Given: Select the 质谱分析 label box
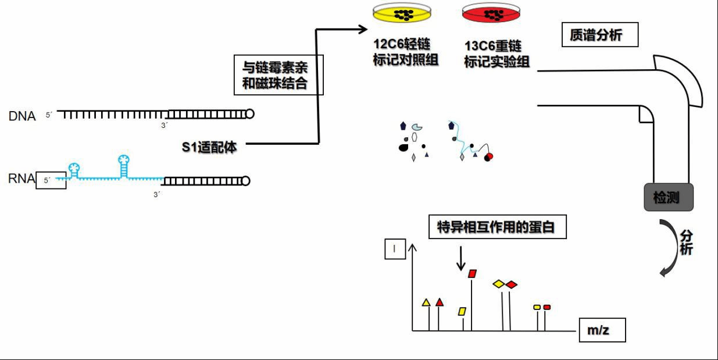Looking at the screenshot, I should [x=600, y=35].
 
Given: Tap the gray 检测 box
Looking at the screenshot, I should [x=669, y=197].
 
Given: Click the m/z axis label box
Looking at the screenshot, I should [x=602, y=331].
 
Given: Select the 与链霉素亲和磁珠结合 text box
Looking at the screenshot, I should [x=278, y=75].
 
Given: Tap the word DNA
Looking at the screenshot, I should [x=22, y=116].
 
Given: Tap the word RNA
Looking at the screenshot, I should [x=22, y=179].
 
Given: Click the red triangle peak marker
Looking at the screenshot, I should [x=440, y=302].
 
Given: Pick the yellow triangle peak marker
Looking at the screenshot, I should [x=426, y=302].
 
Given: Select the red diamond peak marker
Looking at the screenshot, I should [x=511, y=284].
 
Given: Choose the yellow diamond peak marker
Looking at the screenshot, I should [x=498, y=284].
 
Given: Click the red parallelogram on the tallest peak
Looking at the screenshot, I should [x=473, y=273].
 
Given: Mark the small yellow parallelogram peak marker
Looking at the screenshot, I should [x=462, y=311].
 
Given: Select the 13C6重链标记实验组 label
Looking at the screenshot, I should [x=496, y=54].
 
